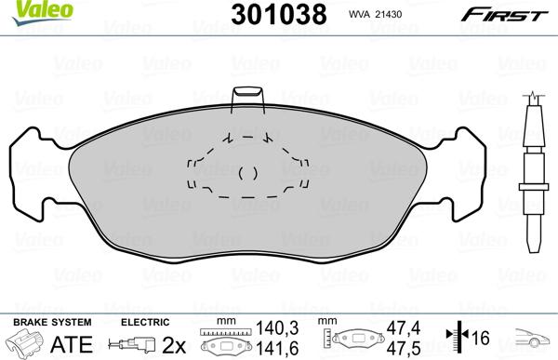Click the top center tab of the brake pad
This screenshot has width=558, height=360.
[246, 100]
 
